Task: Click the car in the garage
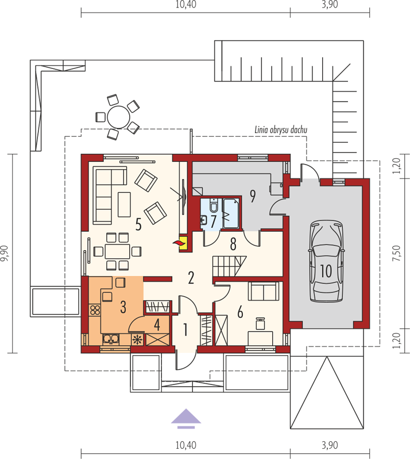click(326, 262)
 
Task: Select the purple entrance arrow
click(186, 419)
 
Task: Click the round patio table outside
click(118, 117)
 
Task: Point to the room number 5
click(138, 224)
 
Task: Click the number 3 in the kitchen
click(123, 306)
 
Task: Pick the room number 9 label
click(253, 196)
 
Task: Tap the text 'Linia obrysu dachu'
click(281, 130)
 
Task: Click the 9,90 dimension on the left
click(5, 254)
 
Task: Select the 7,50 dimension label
click(396, 254)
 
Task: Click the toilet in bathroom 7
click(214, 205)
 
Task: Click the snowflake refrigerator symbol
click(137, 340)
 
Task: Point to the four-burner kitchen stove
click(95, 310)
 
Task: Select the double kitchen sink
click(111, 339)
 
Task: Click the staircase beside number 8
click(229, 266)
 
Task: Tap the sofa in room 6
click(264, 291)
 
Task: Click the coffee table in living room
click(124, 204)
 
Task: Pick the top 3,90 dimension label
click(330, 5)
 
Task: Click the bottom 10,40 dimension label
click(186, 445)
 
